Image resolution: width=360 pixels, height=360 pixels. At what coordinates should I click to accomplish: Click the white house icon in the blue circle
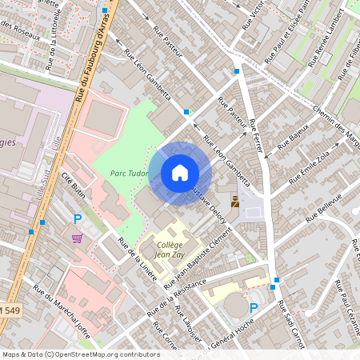180,173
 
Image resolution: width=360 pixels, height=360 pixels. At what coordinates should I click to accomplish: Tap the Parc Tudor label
129,172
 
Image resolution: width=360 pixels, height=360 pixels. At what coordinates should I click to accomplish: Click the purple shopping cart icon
77,238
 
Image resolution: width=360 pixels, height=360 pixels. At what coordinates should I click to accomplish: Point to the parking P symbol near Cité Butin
78,218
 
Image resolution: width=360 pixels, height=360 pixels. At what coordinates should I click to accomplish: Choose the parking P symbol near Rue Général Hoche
254,308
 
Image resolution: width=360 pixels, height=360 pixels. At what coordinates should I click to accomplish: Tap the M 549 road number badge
10,310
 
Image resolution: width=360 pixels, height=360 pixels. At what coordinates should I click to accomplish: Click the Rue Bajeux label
293,138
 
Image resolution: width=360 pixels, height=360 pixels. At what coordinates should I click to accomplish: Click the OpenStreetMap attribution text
81,354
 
